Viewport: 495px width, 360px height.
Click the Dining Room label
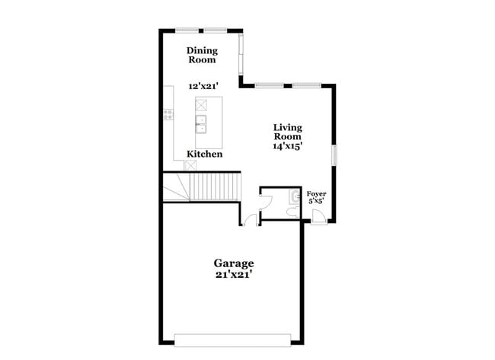pos(202,55)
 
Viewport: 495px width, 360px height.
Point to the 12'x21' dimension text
pos(203,86)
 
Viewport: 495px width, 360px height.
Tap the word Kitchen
pos(205,154)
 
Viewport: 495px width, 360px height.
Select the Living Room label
pos(288,132)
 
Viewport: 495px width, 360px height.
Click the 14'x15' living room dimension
pos(288,146)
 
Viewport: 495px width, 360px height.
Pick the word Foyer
pos(316,194)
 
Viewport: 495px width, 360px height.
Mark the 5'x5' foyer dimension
pos(316,201)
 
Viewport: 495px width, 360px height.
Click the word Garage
pos(234,263)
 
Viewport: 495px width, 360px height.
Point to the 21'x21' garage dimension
pos(234,275)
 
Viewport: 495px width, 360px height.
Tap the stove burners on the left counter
pos(168,114)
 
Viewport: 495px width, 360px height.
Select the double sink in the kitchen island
pos(201,124)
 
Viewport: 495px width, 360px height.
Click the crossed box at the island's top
pos(201,105)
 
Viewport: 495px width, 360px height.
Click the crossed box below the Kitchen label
pos(190,165)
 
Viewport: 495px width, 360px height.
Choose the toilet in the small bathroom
pos(293,212)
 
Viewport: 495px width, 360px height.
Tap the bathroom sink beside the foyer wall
pos(295,197)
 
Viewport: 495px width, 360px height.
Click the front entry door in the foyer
pos(319,217)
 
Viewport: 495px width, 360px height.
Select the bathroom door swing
pos(266,202)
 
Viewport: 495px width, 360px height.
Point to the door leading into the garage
pos(251,220)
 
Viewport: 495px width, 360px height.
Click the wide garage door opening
pos(233,340)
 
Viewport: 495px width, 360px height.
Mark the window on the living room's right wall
pos(334,155)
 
